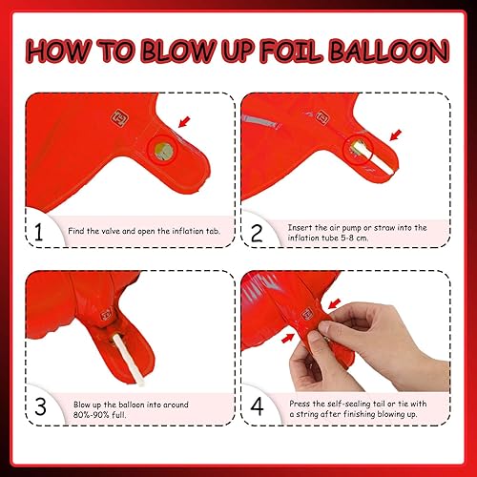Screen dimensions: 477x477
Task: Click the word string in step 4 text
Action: click(305, 414)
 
